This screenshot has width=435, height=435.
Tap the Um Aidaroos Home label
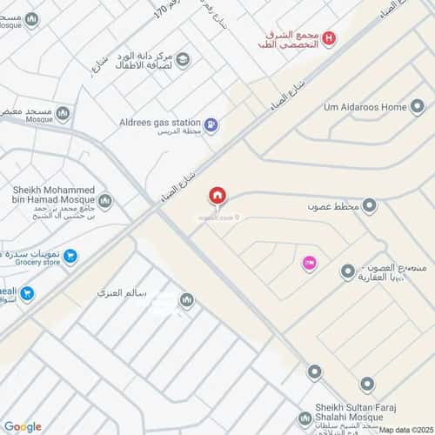coord(365,107)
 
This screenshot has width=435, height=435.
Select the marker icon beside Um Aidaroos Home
coord(418,107)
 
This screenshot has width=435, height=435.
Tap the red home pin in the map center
coord(217,195)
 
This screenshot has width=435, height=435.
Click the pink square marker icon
coord(308,262)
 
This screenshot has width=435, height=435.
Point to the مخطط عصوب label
coord(331,207)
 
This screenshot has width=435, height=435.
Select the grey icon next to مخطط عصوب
coord(369,206)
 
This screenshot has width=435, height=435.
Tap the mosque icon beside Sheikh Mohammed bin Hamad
coord(104,202)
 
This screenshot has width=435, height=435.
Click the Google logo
coord(23,426)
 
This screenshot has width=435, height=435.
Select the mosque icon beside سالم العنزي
coord(185,301)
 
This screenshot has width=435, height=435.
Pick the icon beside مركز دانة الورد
coord(184,58)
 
